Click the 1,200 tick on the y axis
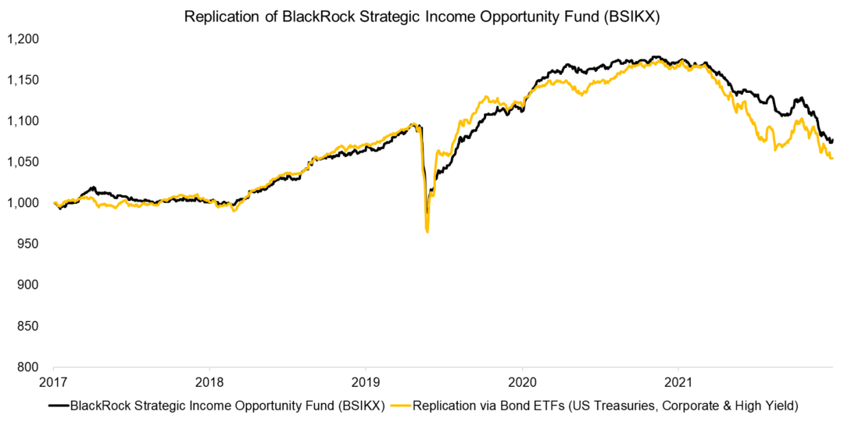click(23, 38)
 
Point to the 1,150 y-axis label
click(23, 80)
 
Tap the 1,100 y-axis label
click(23, 120)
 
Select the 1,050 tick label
click(23, 162)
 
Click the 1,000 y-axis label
click(23, 202)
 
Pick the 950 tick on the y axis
click(29, 244)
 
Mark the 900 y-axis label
click(29, 284)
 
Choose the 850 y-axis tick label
click(29, 326)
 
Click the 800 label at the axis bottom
click(29, 367)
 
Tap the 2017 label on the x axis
click(53, 384)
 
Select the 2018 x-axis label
click(209, 384)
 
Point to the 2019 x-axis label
click(366, 384)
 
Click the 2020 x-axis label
click(522, 384)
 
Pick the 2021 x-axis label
click(678, 384)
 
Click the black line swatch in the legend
click(59, 406)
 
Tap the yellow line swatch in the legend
click(400, 406)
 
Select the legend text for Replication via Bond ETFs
click(603, 406)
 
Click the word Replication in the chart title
click(222, 17)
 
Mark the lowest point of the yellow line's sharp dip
click(427, 231)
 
